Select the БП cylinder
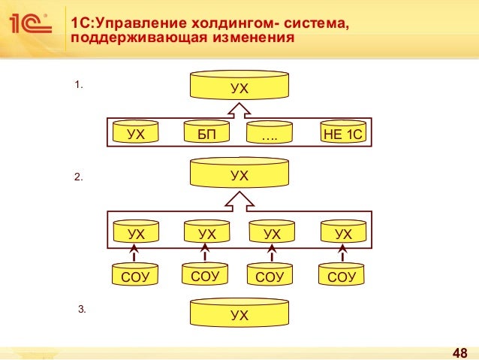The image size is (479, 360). coord(206,133)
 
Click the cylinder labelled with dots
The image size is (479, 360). coord(272,133)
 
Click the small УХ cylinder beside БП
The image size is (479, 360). coord(136,133)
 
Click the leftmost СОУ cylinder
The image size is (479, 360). coord(135,276)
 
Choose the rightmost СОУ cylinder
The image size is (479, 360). coord(342,276)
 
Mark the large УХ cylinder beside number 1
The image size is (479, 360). coord(239,86)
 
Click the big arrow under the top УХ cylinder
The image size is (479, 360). coord(239,110)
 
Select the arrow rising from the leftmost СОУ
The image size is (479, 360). coord(136,253)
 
